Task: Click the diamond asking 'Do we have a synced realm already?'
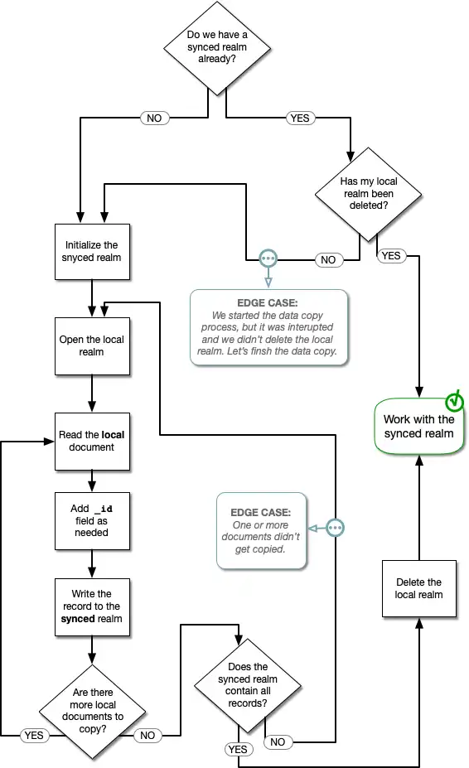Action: [x=217, y=47]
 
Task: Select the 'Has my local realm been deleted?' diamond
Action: [x=369, y=194]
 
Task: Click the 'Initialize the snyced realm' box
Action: [x=92, y=251]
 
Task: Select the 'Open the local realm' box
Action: [x=92, y=345]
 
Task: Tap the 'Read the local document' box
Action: [x=92, y=441]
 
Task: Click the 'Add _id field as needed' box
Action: [x=92, y=520]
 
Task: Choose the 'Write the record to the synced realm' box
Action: [x=92, y=606]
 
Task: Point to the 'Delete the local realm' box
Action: [x=418, y=588]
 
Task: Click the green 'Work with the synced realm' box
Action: [x=418, y=426]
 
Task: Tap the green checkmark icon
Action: [x=455, y=402]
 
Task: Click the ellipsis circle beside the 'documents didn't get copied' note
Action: [x=335, y=528]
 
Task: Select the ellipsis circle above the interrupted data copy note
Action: [x=268, y=258]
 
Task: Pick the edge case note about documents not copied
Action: [x=262, y=530]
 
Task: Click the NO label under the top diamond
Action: [x=154, y=118]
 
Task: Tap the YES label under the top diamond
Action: [x=299, y=118]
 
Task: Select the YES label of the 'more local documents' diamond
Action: [x=34, y=735]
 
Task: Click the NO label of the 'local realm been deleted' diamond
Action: [x=328, y=260]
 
